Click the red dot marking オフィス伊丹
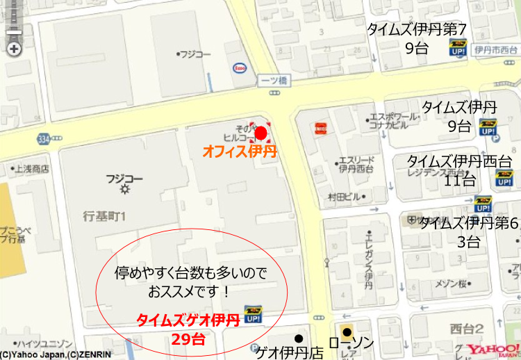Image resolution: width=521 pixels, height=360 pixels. click(260, 133)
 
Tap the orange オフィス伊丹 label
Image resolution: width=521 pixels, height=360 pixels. click(240, 152)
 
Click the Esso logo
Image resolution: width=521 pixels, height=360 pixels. click(239, 68)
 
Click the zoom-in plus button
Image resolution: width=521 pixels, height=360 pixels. click(13, 49)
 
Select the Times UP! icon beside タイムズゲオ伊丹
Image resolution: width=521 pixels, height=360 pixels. click(253, 314)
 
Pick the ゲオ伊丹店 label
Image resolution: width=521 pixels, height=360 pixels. click(290, 352)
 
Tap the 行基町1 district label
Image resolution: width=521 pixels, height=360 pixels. click(103, 216)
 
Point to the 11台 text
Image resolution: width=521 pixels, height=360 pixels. click(459, 180)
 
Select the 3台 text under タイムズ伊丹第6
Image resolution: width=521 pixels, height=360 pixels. click(468, 242)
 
